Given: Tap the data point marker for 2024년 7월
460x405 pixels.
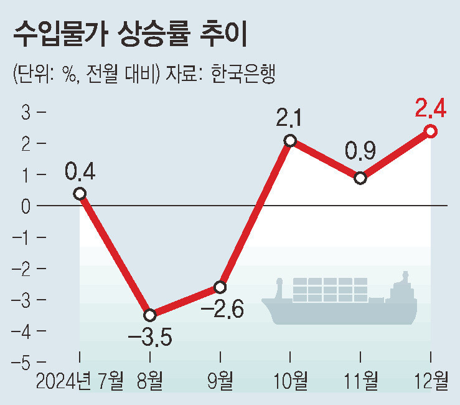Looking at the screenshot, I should click(80, 193).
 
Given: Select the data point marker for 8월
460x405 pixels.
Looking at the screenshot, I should click(149, 315).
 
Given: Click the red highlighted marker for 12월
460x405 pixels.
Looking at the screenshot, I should click(431, 131).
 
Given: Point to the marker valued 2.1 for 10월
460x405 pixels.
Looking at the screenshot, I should click(290, 140).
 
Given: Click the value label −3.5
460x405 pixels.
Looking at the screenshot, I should click(149, 340).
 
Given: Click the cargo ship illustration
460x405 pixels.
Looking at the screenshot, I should click(339, 302).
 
